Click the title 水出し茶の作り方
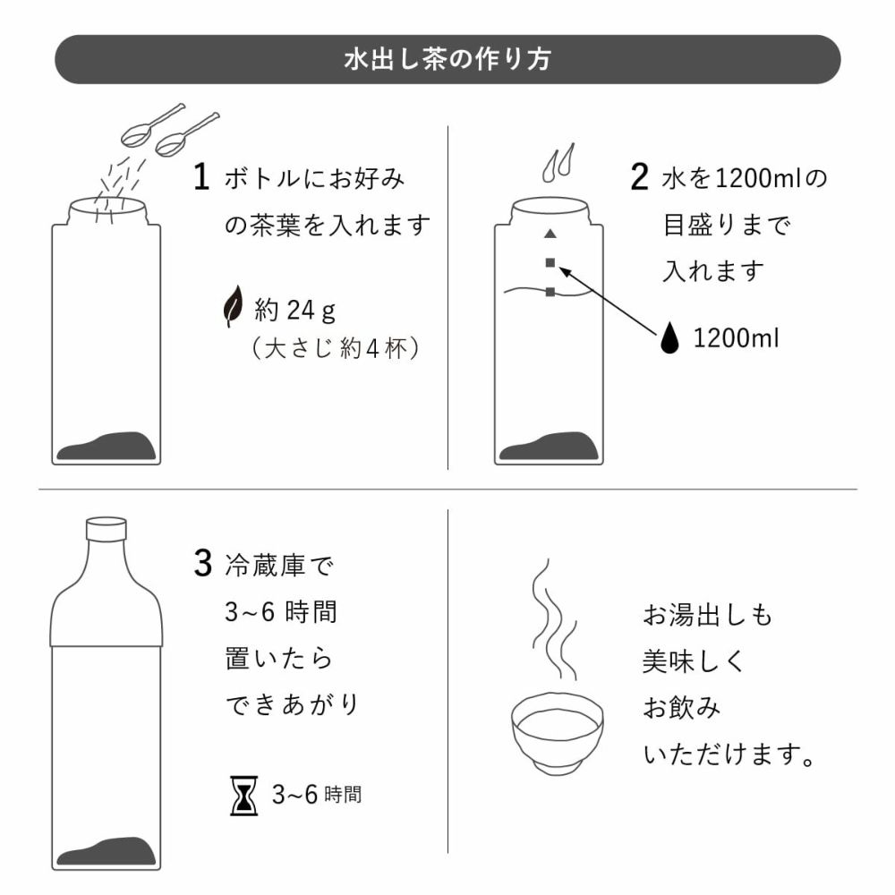point(447,60)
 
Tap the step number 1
point(202,177)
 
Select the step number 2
point(638,177)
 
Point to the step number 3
point(202,565)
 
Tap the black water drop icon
point(671,338)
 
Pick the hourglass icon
point(244,795)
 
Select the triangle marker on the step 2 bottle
point(550,234)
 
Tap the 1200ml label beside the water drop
point(736,339)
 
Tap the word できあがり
point(291,705)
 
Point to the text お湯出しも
point(707,616)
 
